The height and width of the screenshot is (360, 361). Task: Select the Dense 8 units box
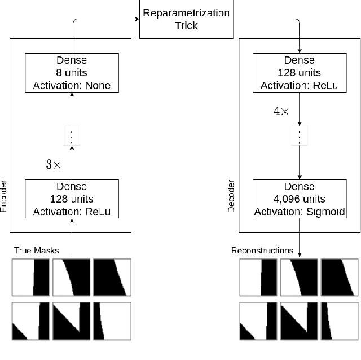[72, 72]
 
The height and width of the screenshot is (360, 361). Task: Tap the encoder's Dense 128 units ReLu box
[72, 199]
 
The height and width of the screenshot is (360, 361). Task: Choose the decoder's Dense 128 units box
[299, 72]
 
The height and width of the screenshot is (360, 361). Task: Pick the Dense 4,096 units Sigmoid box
[299, 199]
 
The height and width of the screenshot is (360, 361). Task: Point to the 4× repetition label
[280, 111]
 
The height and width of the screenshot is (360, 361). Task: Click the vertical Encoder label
[4, 196]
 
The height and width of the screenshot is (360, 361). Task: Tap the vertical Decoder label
[231, 196]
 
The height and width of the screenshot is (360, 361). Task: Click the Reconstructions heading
[262, 250]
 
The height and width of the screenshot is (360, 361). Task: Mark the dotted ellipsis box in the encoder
[72, 136]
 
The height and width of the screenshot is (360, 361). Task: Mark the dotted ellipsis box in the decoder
[299, 136]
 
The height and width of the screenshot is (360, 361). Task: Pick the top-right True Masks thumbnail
[112, 276]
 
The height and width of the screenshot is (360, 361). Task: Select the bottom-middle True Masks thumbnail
[71, 321]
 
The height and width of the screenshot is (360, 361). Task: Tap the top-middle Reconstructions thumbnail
[298, 276]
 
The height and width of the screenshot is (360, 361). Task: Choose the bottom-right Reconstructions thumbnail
[340, 321]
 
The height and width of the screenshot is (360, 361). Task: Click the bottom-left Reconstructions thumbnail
[258, 321]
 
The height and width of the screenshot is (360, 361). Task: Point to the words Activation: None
[72, 86]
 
